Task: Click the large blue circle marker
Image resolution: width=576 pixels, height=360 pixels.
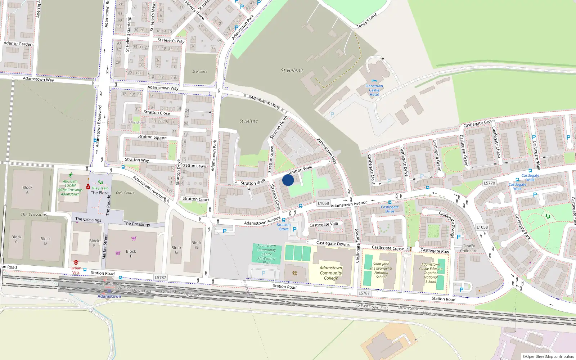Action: [288, 180]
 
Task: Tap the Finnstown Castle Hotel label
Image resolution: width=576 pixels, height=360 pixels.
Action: [374, 90]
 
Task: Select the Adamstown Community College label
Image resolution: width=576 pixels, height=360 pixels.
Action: [331, 273]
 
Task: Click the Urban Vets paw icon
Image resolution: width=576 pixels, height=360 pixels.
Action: [76, 262]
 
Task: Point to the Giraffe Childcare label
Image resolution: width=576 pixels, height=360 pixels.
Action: [468, 248]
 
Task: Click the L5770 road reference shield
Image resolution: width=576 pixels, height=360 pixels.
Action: [489, 183]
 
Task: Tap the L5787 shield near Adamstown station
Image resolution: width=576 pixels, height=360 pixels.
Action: [161, 278]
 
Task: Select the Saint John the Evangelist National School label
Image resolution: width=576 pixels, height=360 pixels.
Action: [381, 270]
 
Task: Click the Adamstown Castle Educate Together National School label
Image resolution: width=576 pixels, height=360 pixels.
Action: [431, 273]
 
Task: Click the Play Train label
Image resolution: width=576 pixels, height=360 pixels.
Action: [100, 188]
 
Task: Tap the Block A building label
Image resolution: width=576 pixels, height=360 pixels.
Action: [27, 190]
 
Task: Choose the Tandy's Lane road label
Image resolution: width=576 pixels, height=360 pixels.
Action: [367, 21]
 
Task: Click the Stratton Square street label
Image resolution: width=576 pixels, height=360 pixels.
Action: [152, 137]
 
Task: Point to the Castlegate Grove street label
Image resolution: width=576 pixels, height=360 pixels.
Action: [479, 123]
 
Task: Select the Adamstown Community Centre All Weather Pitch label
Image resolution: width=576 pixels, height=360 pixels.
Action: [267, 254]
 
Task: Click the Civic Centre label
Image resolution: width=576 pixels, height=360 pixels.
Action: [125, 193]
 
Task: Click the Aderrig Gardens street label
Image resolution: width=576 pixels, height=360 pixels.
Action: [19, 44]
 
